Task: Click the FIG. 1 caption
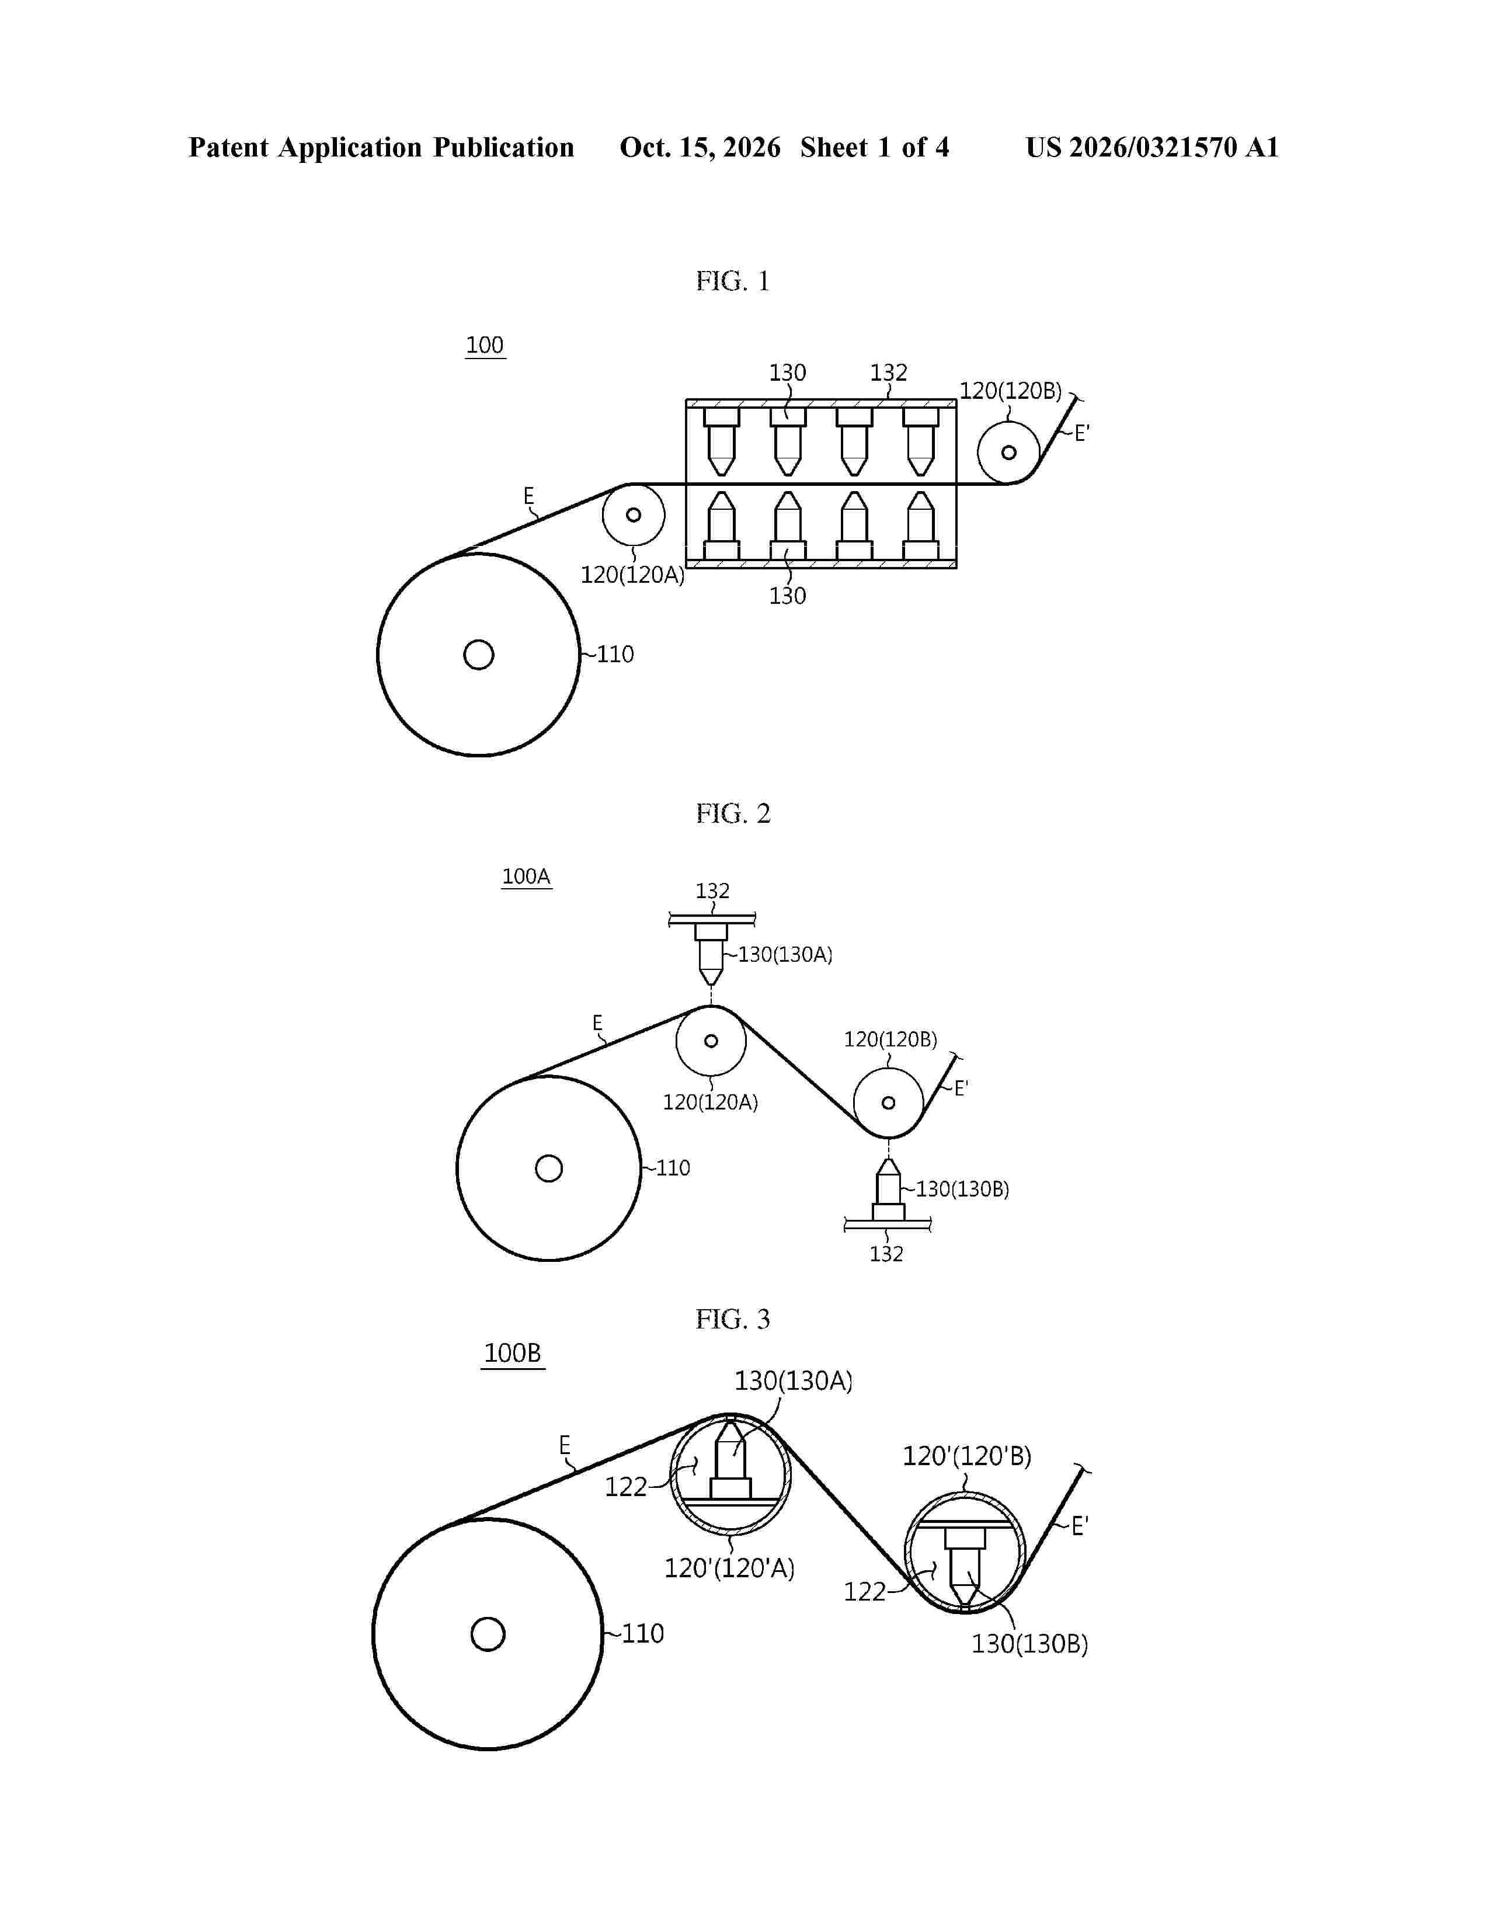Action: pos(732,281)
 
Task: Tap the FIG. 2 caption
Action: pos(732,813)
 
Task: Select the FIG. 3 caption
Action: pos(732,1319)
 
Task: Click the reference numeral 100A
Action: pos(527,876)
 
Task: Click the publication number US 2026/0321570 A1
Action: pos(1152,147)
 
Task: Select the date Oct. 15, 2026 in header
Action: pos(700,147)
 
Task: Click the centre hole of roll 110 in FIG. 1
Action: pos(478,655)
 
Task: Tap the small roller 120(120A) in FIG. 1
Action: pos(634,514)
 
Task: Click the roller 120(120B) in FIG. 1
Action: pos(1008,453)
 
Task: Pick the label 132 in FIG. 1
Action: pos(888,373)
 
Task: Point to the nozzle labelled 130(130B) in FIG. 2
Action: pos(888,1188)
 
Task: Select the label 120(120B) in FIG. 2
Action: pos(890,1039)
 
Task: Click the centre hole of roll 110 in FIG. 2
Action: pos(549,1168)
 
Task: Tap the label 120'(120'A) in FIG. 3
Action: pos(729,1568)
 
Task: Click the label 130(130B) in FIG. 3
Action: pos(1029,1644)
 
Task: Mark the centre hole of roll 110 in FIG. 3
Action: pos(488,1633)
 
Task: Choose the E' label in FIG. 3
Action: pos(1080,1525)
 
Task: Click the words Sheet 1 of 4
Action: pos(874,147)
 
